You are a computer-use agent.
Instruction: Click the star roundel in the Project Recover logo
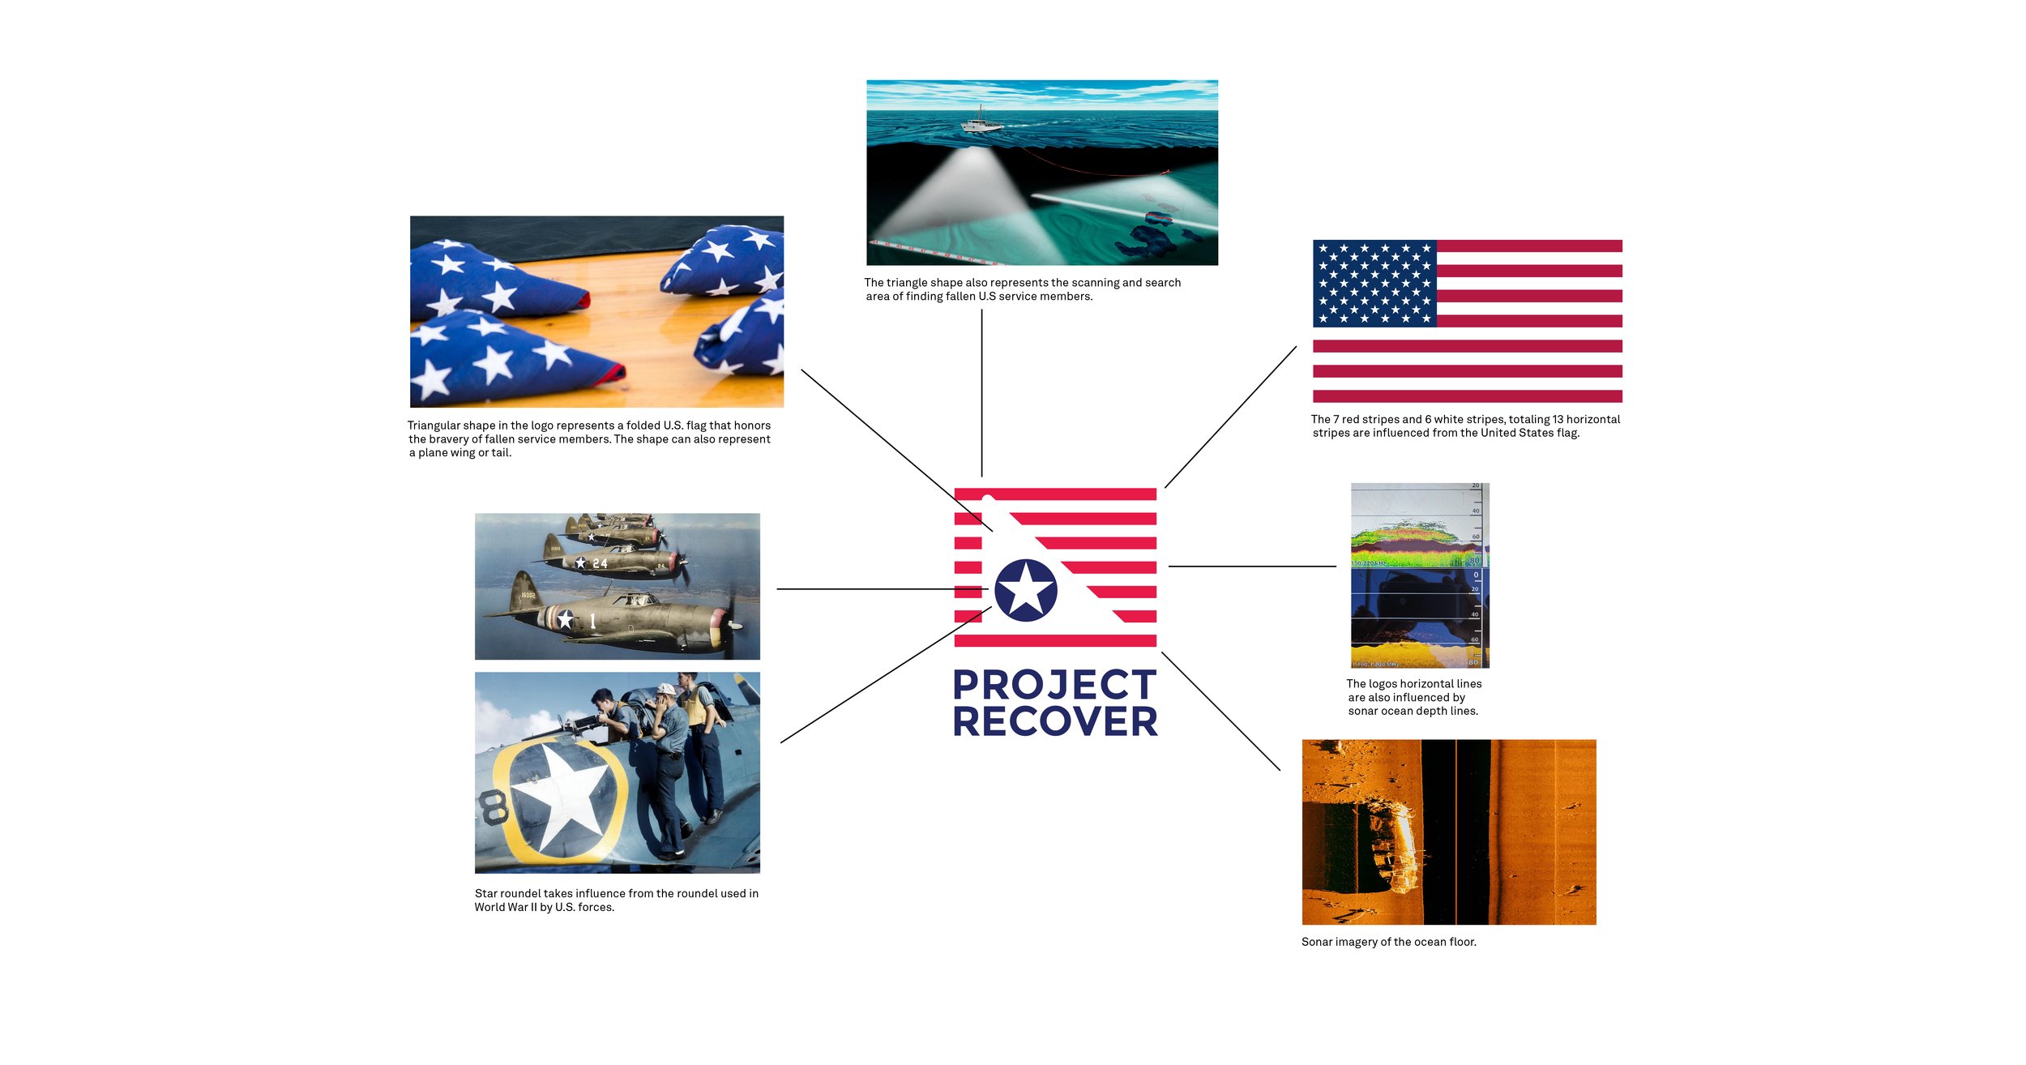[x=1025, y=590]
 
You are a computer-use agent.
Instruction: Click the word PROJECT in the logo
[x=1054, y=685]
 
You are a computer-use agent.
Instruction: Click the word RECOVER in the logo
[x=1054, y=721]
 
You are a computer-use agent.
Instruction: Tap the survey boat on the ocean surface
[x=981, y=122]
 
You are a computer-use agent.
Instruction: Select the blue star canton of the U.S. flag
[x=1374, y=283]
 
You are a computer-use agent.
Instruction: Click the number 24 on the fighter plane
[x=600, y=562]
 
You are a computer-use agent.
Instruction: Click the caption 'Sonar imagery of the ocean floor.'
[x=1388, y=942]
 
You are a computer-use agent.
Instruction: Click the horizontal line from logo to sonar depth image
[x=1252, y=567]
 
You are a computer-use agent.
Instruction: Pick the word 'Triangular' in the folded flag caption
[x=434, y=426]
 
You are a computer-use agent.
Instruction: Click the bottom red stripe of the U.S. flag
[x=1467, y=396]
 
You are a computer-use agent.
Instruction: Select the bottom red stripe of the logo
[x=1054, y=641]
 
